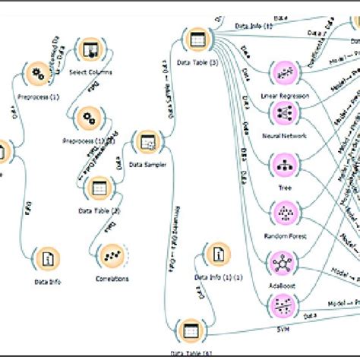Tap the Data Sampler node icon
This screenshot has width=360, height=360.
coord(146,141)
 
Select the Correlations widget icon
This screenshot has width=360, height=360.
coord(112,257)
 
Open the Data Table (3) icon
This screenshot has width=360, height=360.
coord(196,39)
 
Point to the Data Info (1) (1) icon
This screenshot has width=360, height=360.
coord(219,255)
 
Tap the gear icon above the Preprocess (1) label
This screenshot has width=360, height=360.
coord(36,74)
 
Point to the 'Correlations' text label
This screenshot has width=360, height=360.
coord(111,279)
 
